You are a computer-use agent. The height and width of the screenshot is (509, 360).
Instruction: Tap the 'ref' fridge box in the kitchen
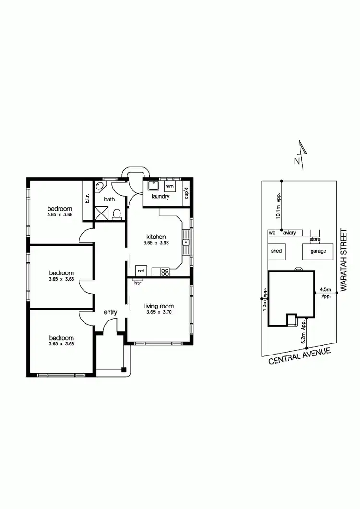141,271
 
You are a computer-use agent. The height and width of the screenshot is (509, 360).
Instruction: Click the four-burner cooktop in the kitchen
165,272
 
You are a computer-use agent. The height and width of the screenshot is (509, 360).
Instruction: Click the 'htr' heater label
138,283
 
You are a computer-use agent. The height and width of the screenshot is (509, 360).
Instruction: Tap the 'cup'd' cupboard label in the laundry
187,193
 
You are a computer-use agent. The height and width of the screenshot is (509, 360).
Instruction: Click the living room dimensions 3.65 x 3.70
159,313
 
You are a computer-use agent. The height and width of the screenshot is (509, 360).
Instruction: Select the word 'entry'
110,312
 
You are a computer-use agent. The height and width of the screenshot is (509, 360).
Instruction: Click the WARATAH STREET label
343,259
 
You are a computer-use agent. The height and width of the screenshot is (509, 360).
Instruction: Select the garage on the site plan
318,251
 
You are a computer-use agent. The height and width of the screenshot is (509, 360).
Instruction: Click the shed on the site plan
276,251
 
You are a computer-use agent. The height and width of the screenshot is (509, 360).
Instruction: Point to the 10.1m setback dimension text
278,206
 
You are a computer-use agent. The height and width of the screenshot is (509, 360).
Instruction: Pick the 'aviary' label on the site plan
289,233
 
